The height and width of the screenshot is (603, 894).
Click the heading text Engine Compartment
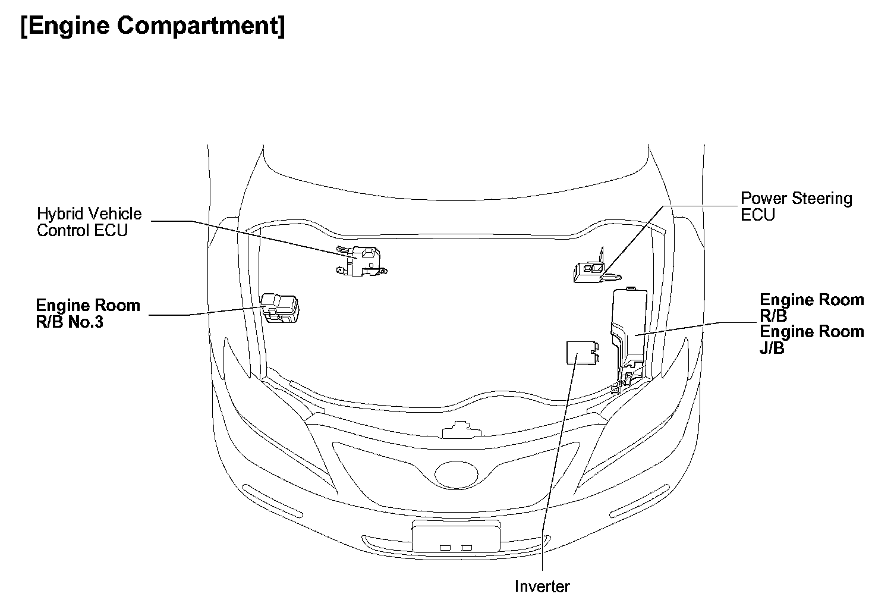pos(153,27)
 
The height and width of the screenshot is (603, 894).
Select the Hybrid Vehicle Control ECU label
pos(89,222)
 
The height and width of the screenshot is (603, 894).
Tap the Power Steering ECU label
pos(796,206)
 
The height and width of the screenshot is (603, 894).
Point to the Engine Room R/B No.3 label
pos(88,314)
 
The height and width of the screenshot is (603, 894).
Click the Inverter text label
pos(542,586)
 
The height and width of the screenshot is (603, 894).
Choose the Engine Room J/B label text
pos(811,340)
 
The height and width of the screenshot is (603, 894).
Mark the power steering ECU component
pos(591,272)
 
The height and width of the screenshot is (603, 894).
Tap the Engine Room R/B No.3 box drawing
pos(280,307)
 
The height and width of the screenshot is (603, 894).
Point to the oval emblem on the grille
pos(457,474)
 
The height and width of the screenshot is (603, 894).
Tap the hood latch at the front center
pos(457,430)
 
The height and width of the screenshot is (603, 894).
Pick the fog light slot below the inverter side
pos(640,501)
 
